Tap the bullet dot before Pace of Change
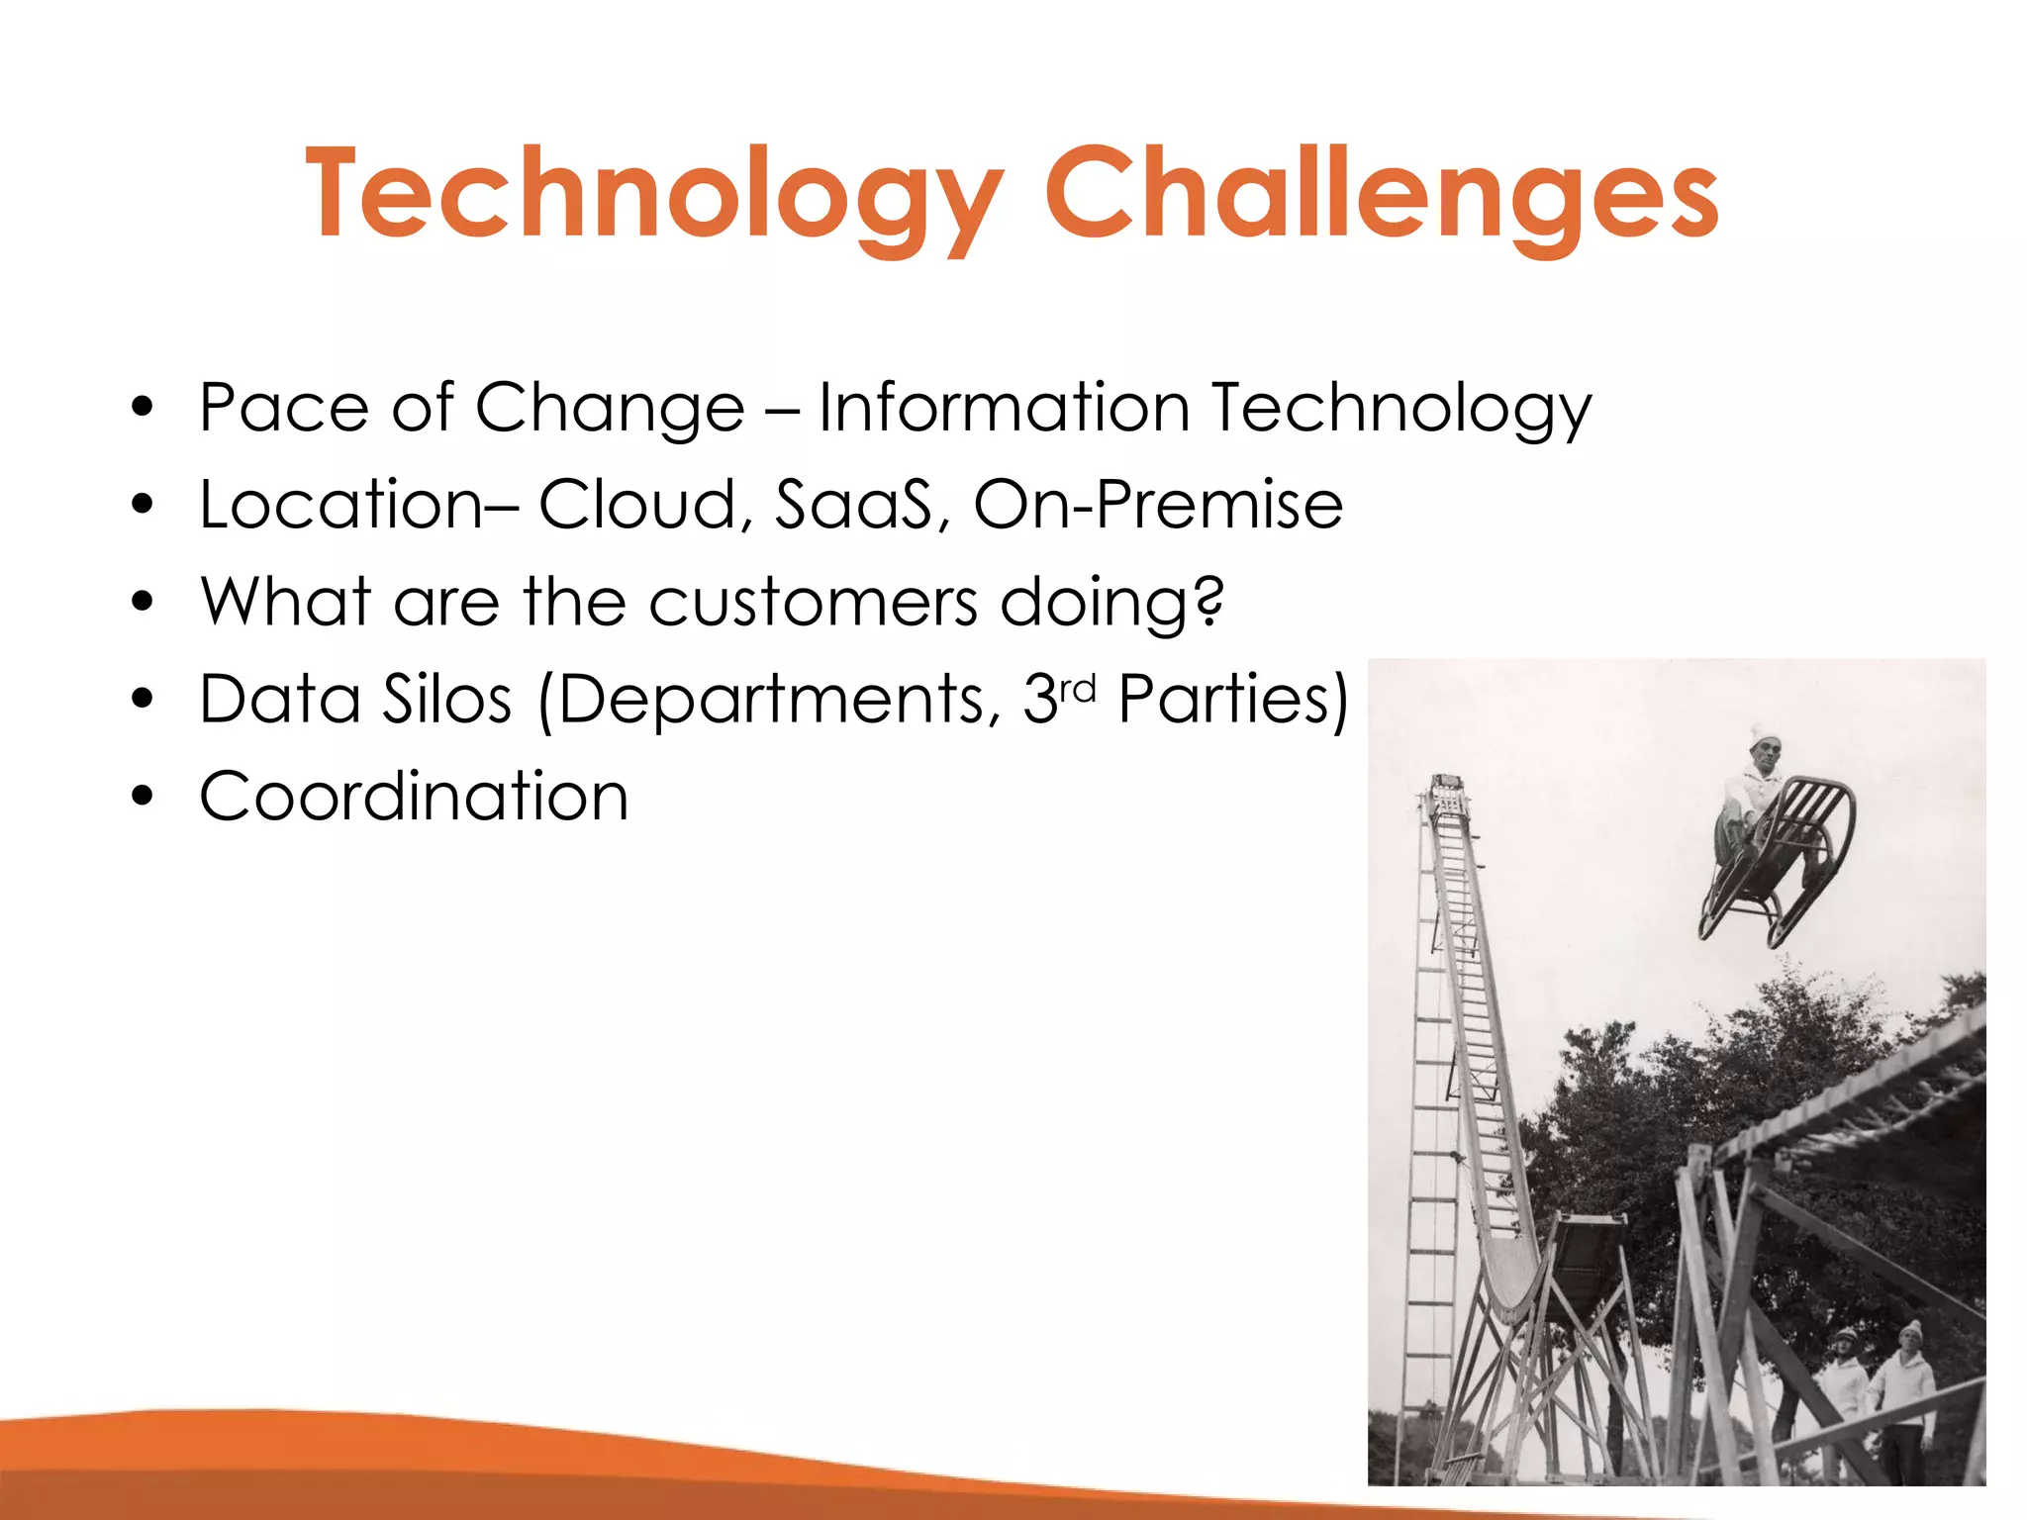(144, 407)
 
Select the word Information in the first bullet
(1003, 407)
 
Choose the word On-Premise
(1158, 504)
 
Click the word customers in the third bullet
(812, 602)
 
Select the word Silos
(447, 699)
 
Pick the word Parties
(1232, 699)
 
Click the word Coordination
(414, 796)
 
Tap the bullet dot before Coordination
(144, 796)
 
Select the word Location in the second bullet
(342, 504)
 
